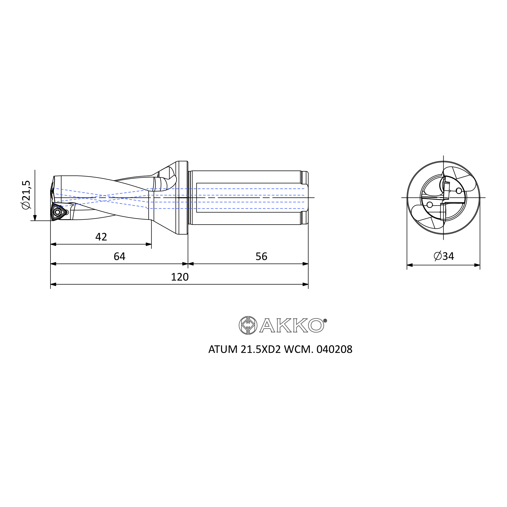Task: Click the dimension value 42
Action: tap(101, 237)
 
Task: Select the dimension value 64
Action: tap(119, 256)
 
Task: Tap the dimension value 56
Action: tap(261, 256)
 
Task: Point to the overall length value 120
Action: tap(180, 277)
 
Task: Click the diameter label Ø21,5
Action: tap(27, 195)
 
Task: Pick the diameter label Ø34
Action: tap(444, 256)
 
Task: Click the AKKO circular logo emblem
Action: tap(248, 325)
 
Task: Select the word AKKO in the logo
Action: tap(292, 325)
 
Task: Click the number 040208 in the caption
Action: tap(334, 350)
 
